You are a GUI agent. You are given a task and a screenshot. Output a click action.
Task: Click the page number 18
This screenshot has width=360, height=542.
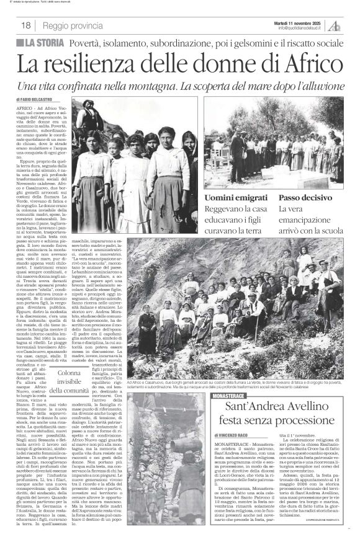[26, 25]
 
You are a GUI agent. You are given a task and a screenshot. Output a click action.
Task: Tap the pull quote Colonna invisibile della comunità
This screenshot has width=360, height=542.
[69, 381]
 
